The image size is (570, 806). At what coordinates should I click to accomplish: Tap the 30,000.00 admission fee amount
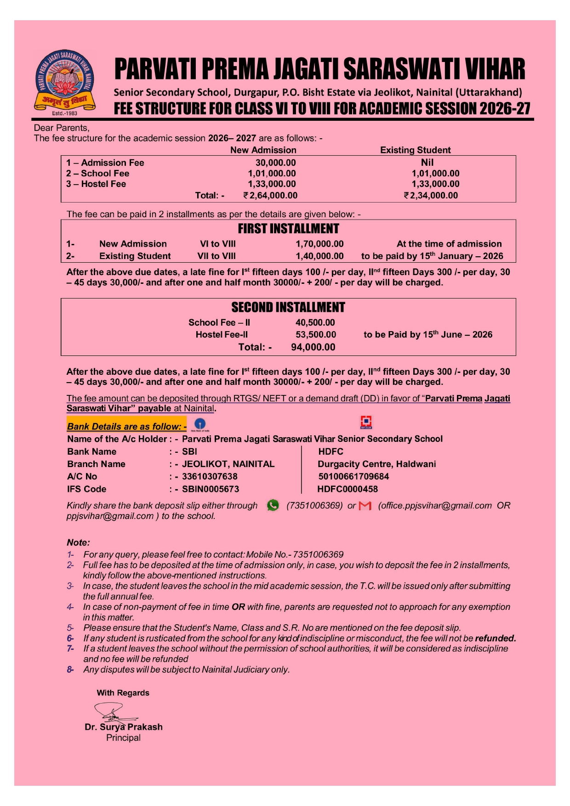point(275,163)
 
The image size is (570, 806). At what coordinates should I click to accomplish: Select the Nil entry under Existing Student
point(427,162)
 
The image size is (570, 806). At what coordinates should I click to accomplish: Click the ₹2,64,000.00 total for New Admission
point(270,195)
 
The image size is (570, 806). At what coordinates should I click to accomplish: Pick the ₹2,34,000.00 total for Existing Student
point(431,195)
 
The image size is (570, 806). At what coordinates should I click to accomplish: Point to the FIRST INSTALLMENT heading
point(288,229)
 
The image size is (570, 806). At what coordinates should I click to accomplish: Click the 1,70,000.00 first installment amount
point(319,244)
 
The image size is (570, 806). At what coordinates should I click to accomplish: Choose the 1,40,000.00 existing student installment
point(319,256)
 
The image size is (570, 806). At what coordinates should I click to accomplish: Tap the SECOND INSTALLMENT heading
point(288,307)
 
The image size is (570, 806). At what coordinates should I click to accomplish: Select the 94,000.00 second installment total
point(313,347)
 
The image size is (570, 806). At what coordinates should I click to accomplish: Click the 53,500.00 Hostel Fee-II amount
point(316,334)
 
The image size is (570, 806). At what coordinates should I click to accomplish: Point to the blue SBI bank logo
point(200,424)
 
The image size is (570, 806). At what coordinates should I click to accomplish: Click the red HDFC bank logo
point(366,422)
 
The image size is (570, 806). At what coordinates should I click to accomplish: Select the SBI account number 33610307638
point(210,476)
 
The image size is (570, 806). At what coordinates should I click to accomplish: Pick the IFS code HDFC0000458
point(348,489)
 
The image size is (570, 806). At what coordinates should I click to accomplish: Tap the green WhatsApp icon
point(273,505)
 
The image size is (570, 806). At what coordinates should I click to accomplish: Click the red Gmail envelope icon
point(365,506)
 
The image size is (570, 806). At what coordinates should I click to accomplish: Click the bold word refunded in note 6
point(495,638)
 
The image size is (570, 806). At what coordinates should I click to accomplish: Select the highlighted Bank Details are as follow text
point(126,426)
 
